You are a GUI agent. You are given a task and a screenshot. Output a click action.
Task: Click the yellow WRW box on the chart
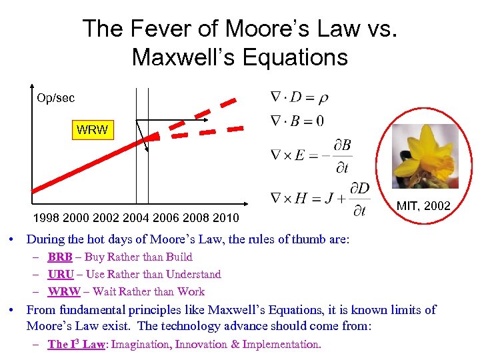[92, 130]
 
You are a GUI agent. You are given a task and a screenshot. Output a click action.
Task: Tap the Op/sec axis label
[56, 98]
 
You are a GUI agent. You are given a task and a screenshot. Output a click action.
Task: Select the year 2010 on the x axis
[226, 218]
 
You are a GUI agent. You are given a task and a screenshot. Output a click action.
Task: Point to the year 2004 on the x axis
[136, 218]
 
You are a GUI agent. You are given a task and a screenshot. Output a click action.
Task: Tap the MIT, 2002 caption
[423, 206]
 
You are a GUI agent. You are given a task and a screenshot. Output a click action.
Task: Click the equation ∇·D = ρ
[299, 97]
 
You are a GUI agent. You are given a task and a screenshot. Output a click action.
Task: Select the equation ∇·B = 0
[297, 121]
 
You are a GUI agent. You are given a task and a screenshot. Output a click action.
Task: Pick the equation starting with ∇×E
[311, 155]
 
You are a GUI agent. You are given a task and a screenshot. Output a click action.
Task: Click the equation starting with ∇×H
[319, 199]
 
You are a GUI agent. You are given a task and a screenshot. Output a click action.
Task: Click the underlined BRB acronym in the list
[60, 257]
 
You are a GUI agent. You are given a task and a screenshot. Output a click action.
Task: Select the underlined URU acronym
[61, 274]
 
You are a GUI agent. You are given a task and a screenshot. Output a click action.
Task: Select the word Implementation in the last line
[281, 344]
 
